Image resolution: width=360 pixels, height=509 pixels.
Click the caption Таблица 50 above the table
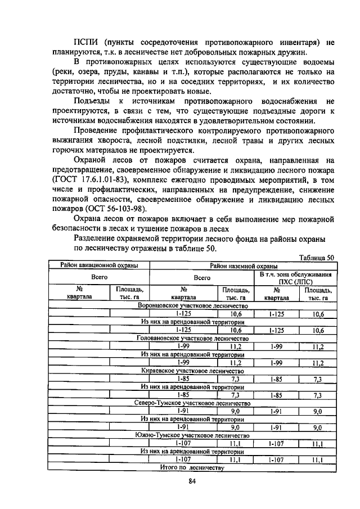(x=317, y=257)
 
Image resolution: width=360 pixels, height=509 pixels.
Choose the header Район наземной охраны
(x=243, y=265)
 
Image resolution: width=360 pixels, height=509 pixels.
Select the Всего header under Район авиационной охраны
(x=99, y=278)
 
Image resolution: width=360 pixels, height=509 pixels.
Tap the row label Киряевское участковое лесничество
(x=193, y=371)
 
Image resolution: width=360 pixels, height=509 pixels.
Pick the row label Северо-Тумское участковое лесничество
(x=193, y=403)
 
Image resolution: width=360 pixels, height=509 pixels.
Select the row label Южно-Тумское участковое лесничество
(x=193, y=435)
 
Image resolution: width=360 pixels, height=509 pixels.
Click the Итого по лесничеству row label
(x=193, y=468)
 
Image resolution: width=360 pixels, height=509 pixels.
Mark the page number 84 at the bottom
(x=191, y=481)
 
